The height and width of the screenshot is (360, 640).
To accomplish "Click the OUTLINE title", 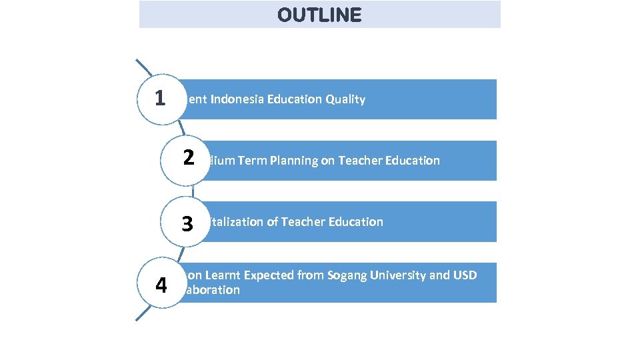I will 319,15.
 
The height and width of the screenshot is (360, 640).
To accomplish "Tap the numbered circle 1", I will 160,99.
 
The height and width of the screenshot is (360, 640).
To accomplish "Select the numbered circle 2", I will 188,159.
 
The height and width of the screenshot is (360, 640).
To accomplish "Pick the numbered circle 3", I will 188,223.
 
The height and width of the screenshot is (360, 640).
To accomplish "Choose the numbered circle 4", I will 161,285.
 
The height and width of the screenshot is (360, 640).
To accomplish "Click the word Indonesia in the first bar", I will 237,99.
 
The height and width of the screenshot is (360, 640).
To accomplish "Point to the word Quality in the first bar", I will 345,99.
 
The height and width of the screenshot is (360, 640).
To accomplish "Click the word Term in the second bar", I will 252,160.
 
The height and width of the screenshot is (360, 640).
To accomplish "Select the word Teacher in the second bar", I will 360,160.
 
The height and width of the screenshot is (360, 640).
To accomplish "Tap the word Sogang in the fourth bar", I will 349,275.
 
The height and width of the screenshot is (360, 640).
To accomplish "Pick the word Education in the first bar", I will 295,99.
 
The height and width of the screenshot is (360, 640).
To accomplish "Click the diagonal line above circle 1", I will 144,69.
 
